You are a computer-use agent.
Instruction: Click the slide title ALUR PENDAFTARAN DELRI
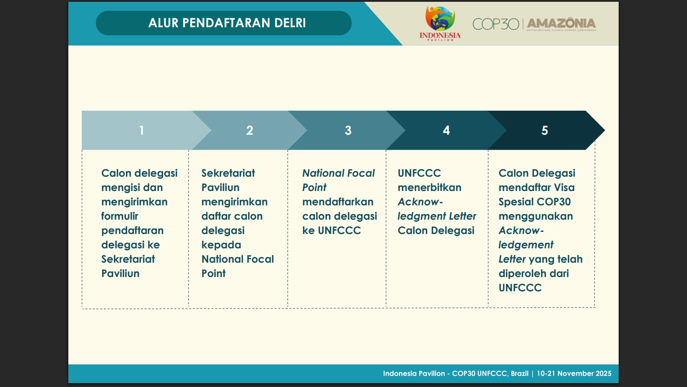point(227,23)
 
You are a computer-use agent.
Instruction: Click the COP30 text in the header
point(496,24)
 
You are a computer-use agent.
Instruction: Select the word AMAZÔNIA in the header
point(561,23)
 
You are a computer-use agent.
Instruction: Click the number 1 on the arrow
point(141,130)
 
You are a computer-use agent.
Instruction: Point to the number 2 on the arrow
point(249,130)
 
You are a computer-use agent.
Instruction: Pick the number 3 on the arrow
point(348,130)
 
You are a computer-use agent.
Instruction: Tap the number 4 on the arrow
point(446,130)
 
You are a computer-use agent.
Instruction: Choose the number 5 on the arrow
point(544,130)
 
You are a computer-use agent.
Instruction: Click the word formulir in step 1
point(120,216)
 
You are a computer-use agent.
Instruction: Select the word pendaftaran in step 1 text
point(132,230)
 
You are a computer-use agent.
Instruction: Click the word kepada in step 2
point(221,245)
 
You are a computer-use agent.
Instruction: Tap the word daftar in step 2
point(216,216)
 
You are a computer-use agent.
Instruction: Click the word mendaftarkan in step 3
point(337,202)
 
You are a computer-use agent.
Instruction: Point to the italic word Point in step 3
point(314,187)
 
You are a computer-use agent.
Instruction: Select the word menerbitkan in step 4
point(429,187)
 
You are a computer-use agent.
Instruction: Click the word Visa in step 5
point(564,187)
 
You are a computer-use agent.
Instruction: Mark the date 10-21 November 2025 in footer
point(574,373)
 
